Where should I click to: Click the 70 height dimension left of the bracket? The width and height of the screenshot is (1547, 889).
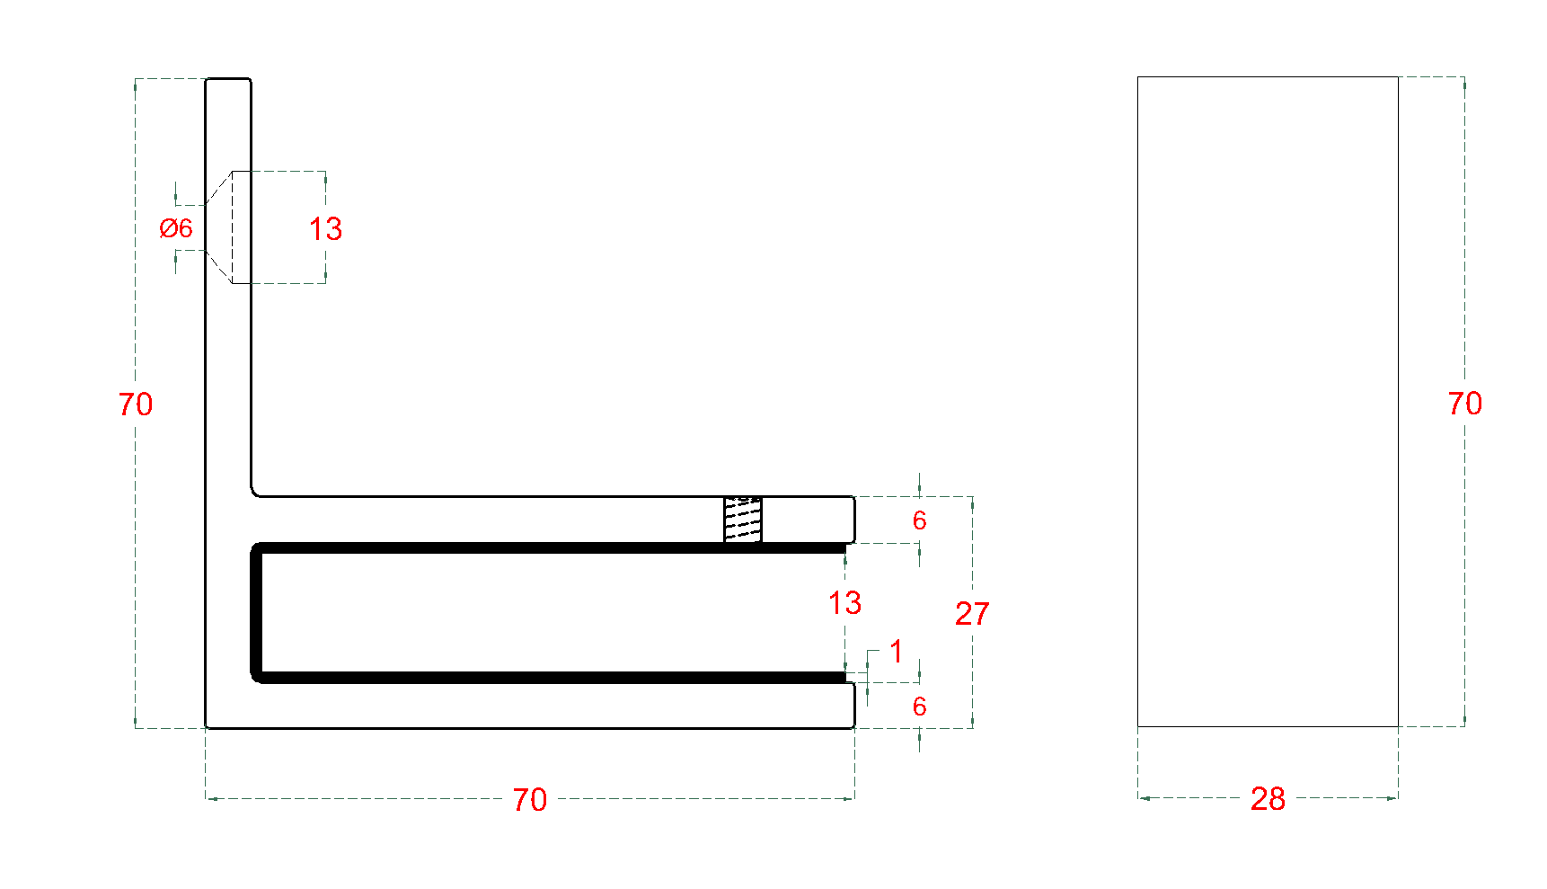click(x=136, y=404)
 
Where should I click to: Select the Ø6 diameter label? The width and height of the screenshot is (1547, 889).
click(x=176, y=228)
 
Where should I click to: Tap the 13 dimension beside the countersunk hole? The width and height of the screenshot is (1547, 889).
click(x=326, y=229)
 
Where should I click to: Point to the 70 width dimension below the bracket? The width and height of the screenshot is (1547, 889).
click(x=530, y=799)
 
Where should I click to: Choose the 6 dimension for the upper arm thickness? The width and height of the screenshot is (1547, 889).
click(x=919, y=520)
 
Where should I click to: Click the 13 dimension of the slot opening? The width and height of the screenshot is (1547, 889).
click(x=844, y=603)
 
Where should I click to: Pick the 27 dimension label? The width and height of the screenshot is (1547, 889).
click(x=972, y=614)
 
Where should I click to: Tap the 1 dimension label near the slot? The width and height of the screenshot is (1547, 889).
click(x=896, y=651)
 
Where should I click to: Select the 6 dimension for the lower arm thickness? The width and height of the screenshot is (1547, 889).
click(x=919, y=707)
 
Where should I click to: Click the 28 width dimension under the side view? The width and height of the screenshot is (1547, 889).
click(x=1268, y=799)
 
